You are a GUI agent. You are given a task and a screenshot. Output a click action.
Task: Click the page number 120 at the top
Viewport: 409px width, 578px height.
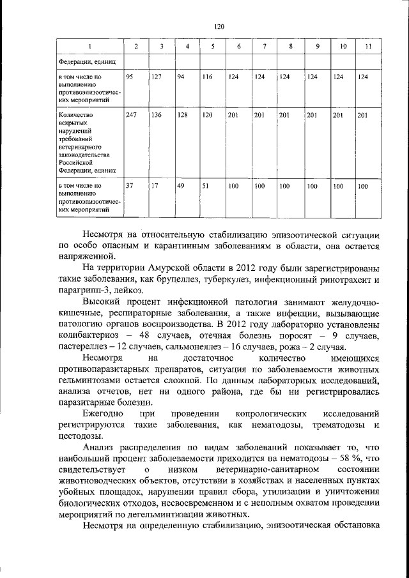click(x=219, y=27)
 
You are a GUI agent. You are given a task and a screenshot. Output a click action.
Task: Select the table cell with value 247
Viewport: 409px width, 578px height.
click(x=131, y=116)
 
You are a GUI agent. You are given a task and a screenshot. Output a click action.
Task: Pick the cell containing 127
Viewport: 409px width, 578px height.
click(x=157, y=78)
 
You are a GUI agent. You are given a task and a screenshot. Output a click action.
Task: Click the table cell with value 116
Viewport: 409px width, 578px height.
click(x=206, y=78)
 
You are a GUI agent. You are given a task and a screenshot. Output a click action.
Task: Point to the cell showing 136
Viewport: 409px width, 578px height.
click(x=157, y=116)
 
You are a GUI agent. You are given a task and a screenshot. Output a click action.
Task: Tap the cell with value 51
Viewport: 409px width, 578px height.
click(x=206, y=186)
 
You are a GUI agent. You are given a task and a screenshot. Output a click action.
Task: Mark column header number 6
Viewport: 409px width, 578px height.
click(x=238, y=47)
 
